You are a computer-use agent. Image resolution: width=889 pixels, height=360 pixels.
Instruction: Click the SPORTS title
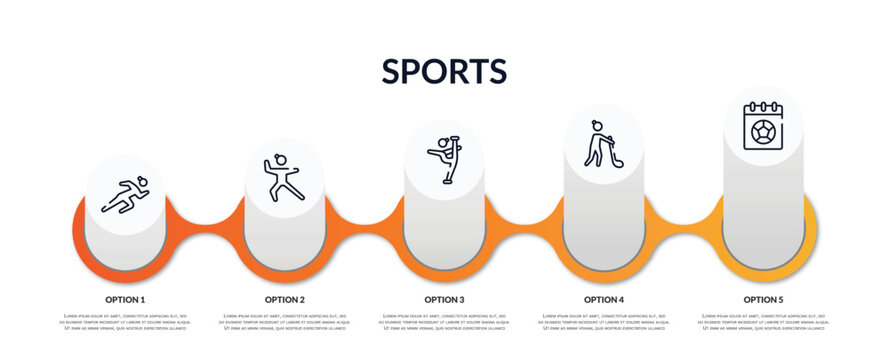[x=444, y=71]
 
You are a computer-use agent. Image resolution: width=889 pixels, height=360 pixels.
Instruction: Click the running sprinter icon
[x=125, y=195]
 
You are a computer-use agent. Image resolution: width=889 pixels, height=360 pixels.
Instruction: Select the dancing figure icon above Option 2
[x=284, y=177]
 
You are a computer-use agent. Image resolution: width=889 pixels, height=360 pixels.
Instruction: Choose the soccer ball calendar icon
[x=762, y=127]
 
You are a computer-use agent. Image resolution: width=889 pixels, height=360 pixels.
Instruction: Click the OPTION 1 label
[x=125, y=299]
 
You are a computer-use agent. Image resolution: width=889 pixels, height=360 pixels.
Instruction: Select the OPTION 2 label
[x=285, y=299]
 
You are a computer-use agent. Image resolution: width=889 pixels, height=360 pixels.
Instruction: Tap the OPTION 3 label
[x=444, y=299]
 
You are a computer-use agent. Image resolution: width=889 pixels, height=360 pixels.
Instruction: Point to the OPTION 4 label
[x=604, y=299]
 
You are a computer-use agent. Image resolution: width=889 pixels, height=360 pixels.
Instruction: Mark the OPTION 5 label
[x=763, y=299]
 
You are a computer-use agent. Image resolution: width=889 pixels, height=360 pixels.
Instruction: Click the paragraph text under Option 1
[x=125, y=322]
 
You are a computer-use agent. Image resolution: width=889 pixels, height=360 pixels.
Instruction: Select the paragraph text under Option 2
[x=285, y=322]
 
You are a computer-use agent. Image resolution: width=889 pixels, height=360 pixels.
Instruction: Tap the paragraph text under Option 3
[x=444, y=322]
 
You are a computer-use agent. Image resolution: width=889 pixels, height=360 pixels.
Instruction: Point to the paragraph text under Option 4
[x=604, y=322]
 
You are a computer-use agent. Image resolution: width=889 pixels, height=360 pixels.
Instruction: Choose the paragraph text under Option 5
[x=763, y=322]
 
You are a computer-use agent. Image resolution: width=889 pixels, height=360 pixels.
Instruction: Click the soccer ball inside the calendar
[x=762, y=132]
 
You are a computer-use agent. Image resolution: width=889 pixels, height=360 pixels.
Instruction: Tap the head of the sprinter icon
[x=142, y=182]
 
